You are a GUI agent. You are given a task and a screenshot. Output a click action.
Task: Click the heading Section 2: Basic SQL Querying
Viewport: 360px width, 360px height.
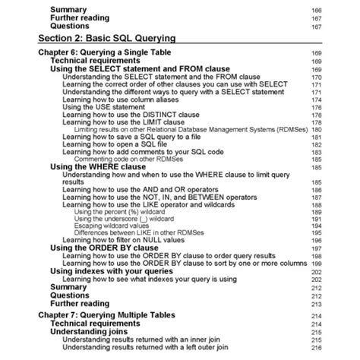pyautogui.click(x=106, y=36)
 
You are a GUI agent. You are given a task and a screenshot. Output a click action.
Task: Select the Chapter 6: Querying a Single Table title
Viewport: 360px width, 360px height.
pyautogui.click(x=99, y=52)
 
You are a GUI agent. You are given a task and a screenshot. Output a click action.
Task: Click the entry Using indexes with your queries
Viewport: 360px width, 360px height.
pyautogui.click(x=122, y=270)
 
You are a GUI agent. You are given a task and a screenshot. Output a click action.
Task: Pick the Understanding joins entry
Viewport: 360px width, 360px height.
pyautogui.click(x=88, y=330)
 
